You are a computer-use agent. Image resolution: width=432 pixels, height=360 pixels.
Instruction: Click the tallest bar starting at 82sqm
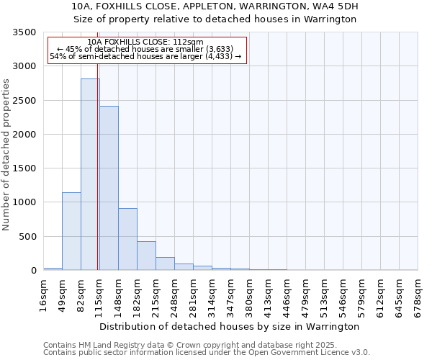(x=90, y=174)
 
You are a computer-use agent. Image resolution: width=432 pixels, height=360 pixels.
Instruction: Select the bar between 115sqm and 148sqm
(x=109, y=188)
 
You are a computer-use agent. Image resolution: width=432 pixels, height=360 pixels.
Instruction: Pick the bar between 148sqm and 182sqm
(x=127, y=239)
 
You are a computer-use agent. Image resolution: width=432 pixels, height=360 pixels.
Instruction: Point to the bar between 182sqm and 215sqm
(x=146, y=256)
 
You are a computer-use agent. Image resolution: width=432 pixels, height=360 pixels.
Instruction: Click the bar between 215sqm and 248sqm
(x=165, y=264)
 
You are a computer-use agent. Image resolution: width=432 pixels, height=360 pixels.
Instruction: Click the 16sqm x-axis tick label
(x=43, y=294)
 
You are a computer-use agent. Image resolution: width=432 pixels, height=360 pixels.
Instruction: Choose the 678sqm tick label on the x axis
(x=418, y=294)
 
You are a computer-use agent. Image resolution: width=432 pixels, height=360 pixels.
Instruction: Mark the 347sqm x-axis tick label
(x=230, y=294)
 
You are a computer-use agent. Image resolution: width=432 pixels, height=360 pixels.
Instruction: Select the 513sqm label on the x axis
(x=324, y=294)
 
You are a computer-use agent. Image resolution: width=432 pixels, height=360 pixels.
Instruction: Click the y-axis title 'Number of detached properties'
(x=6, y=156)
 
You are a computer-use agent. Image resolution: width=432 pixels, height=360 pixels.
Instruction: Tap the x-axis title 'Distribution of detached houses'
(x=229, y=326)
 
